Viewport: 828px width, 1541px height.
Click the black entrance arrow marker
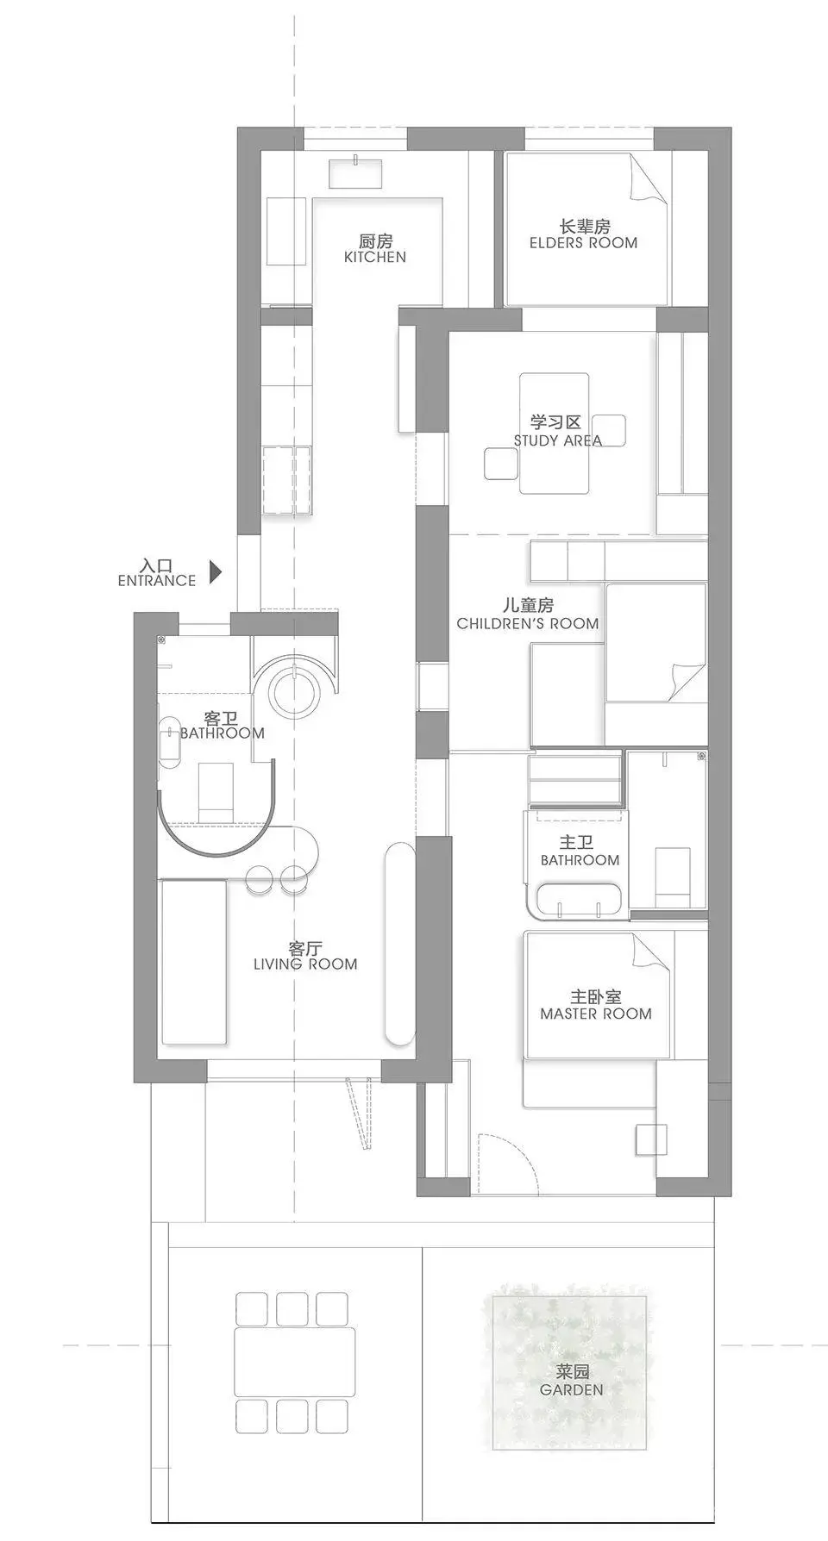click(x=216, y=571)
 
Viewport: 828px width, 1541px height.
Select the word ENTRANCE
click(x=157, y=581)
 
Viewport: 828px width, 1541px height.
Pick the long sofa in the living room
click(x=193, y=960)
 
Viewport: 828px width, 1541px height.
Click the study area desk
click(x=555, y=433)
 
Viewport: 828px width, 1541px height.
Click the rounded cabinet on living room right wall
click(x=398, y=944)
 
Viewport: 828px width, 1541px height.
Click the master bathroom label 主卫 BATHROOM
click(x=580, y=851)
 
